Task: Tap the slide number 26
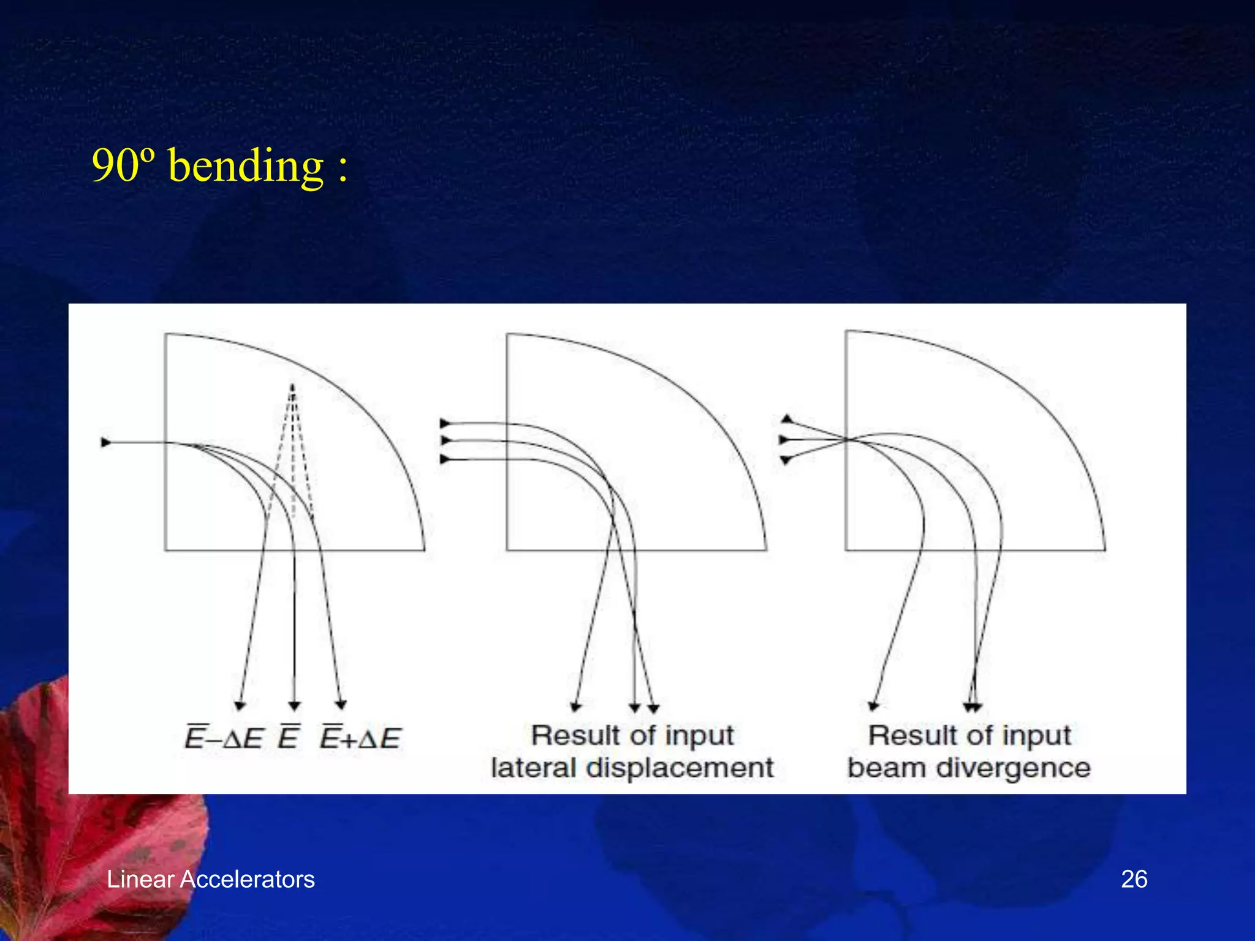coord(1134,879)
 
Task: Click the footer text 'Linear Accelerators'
coord(210,879)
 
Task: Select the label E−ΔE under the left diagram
coord(224,738)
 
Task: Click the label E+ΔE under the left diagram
coord(360,738)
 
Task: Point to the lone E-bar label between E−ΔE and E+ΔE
coord(289,737)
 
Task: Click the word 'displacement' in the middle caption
coord(680,768)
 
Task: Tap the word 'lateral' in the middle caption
coord(533,768)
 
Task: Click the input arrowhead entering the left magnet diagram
coord(106,442)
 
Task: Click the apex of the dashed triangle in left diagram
coord(292,386)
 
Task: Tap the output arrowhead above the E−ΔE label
coord(240,705)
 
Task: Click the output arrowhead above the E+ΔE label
coord(341,705)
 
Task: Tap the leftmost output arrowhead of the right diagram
coord(874,706)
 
